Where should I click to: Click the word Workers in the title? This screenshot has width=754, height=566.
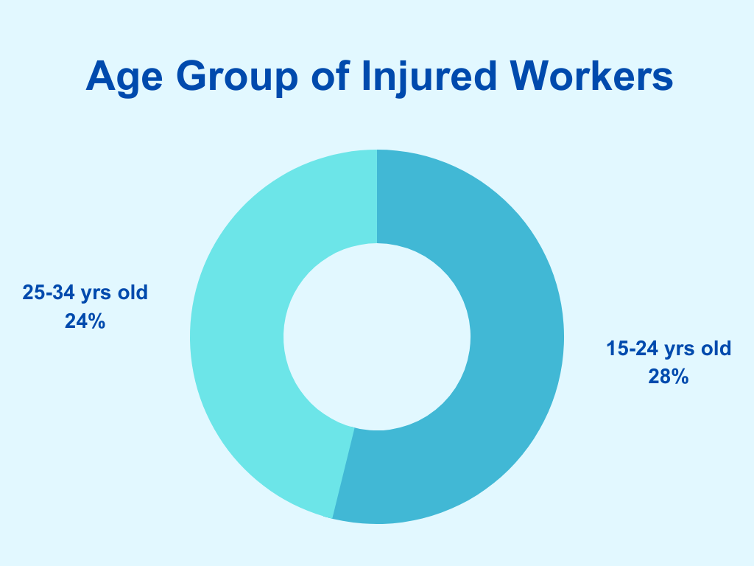click(x=591, y=76)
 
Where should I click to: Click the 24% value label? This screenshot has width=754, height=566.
click(x=85, y=321)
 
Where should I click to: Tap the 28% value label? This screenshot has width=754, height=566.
click(x=669, y=377)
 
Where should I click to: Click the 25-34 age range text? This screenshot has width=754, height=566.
click(x=49, y=293)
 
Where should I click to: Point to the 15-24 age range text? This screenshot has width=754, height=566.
click(x=632, y=349)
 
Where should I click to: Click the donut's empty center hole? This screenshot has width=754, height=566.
click(x=377, y=337)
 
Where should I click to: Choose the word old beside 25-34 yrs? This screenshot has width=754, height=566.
click(x=133, y=293)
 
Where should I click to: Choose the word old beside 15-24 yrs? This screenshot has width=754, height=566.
click(x=716, y=349)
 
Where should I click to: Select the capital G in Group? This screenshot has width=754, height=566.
click(x=191, y=76)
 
